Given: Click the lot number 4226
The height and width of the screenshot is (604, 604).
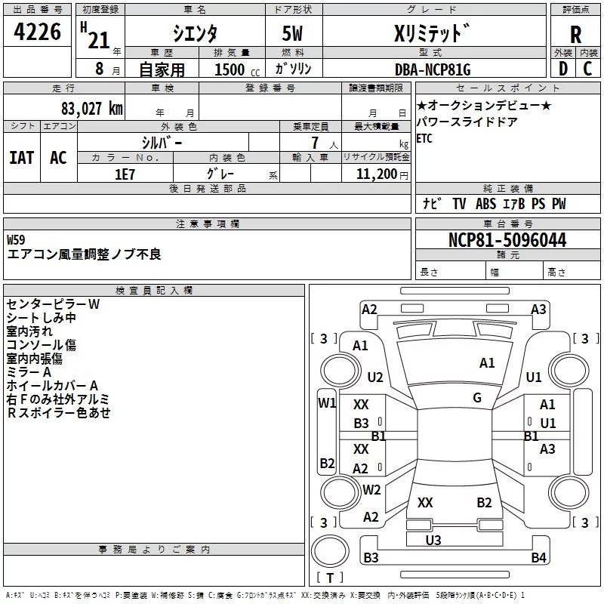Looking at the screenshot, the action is (37, 32).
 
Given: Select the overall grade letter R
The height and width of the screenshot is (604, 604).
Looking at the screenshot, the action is (575, 35).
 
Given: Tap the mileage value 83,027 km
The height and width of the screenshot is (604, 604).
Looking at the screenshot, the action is (91, 109).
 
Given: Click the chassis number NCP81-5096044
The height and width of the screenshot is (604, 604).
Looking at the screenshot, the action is (507, 240).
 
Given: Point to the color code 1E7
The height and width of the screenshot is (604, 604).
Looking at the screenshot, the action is (125, 174).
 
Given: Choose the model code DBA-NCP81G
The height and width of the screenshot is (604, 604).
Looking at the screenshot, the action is (433, 69).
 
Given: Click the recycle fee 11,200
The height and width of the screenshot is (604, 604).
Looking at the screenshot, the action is (376, 174).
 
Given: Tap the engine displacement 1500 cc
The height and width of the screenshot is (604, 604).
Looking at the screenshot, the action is (237, 69).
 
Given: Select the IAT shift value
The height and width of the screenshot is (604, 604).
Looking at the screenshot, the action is (22, 158).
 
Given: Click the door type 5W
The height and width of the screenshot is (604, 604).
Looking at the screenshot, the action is (292, 33).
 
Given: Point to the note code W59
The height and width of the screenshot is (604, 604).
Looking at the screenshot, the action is (16, 240).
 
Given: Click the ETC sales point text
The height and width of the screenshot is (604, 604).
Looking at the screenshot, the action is (424, 138).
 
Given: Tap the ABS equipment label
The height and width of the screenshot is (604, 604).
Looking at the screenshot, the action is (485, 204).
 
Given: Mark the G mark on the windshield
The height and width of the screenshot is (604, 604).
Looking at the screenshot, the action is (477, 398).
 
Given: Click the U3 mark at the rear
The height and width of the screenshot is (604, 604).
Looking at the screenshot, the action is (433, 540).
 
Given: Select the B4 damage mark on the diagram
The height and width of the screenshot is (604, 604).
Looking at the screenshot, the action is (538, 557).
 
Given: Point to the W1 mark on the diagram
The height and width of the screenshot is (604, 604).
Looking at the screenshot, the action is (327, 403).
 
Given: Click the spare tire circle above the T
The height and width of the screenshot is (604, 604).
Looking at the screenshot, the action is (330, 551).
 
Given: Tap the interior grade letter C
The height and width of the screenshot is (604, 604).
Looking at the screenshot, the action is (587, 69).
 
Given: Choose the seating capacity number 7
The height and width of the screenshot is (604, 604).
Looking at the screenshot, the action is (315, 143).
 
